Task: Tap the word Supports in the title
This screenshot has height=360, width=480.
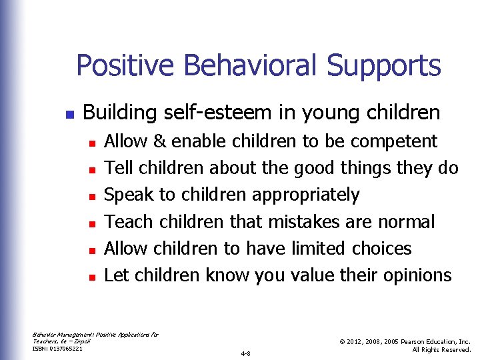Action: [383, 66]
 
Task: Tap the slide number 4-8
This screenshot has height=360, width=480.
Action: [245, 353]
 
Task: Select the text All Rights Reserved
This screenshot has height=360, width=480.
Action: [441, 349]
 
